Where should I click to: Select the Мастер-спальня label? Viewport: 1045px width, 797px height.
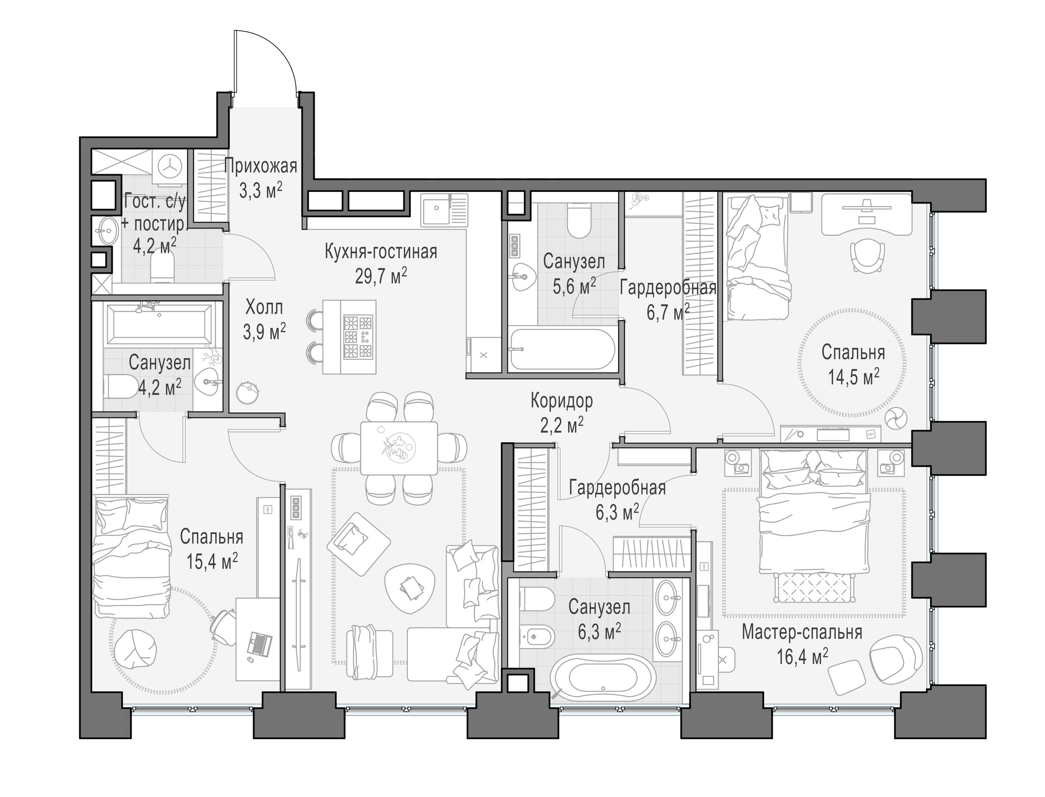click(x=802, y=632)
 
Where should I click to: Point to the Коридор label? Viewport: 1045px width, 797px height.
click(x=562, y=401)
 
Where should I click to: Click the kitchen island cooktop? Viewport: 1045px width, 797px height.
click(x=358, y=337)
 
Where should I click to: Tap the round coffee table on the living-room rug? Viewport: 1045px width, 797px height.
click(x=410, y=589)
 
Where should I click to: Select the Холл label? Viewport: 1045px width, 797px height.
click(x=264, y=308)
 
